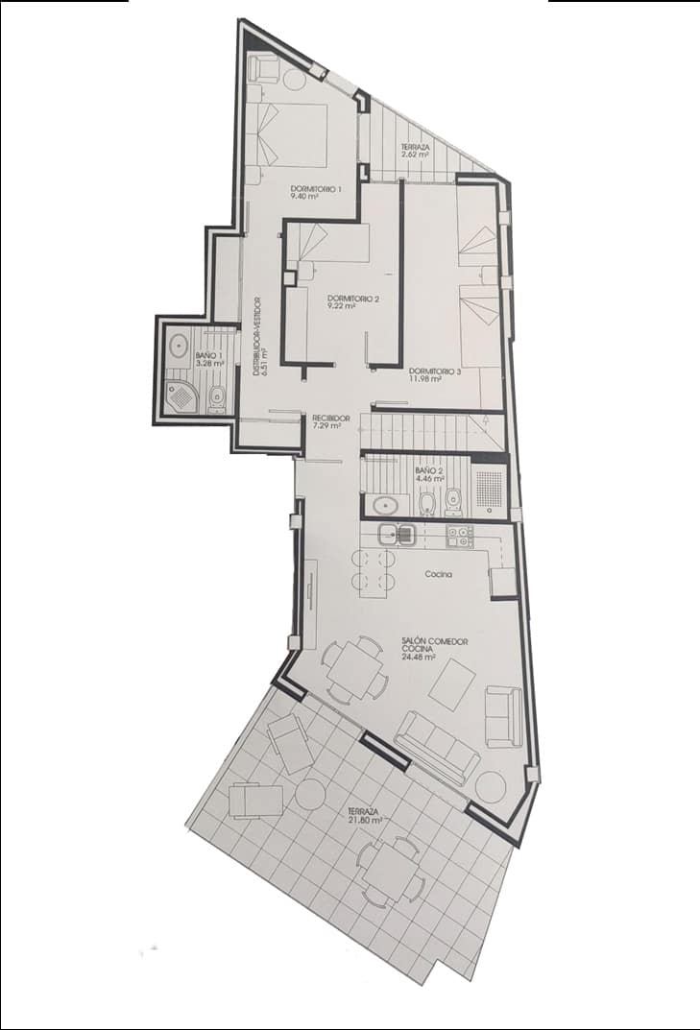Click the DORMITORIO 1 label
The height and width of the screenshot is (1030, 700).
(x=316, y=189)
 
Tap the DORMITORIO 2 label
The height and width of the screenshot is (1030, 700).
(x=353, y=299)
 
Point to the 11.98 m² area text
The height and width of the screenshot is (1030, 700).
(x=424, y=379)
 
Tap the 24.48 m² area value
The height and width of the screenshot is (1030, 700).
(x=419, y=658)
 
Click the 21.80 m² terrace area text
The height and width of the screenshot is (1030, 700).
(x=365, y=821)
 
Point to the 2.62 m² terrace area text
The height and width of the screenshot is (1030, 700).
(x=415, y=154)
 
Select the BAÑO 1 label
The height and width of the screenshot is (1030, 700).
(x=208, y=356)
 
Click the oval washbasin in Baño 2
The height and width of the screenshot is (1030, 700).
(x=385, y=504)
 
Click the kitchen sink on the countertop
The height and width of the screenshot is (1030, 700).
(x=396, y=534)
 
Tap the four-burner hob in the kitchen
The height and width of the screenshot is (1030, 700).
(x=459, y=536)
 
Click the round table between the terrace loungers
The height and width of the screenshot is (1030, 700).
(x=309, y=794)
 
